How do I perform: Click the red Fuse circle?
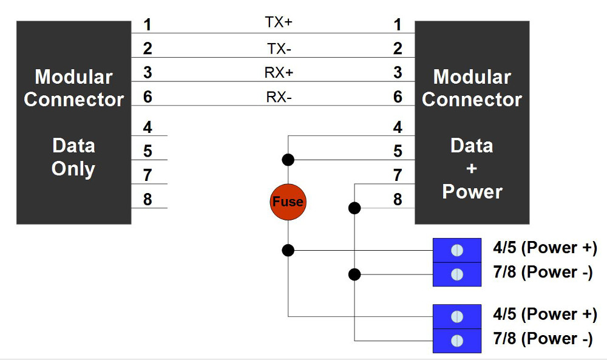pyautogui.click(x=288, y=201)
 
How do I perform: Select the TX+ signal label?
pyautogui.click(x=279, y=22)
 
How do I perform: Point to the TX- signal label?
pyautogui.click(x=279, y=48)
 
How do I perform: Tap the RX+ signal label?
pyautogui.click(x=279, y=73)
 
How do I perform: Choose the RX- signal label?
pyautogui.click(x=279, y=97)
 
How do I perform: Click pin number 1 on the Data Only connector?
pyautogui.click(x=148, y=25)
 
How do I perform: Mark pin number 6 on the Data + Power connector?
pyautogui.click(x=398, y=97)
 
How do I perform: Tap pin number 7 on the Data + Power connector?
pyautogui.click(x=398, y=175)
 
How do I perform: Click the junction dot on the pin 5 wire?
pyautogui.click(x=288, y=160)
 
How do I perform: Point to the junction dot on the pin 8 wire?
pyautogui.click(x=354, y=208)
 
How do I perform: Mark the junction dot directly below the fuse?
pyautogui.click(x=288, y=250)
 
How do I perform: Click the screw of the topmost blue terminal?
pyautogui.click(x=458, y=250)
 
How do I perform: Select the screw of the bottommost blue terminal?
pyautogui.click(x=458, y=341)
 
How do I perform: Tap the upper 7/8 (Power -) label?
pyautogui.click(x=543, y=272)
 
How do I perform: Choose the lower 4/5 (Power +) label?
pyautogui.click(x=545, y=314)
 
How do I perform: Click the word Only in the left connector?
pyautogui.click(x=73, y=169)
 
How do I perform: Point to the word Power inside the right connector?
pyautogui.click(x=472, y=192)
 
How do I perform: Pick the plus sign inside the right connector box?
pyautogui.click(x=472, y=169)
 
